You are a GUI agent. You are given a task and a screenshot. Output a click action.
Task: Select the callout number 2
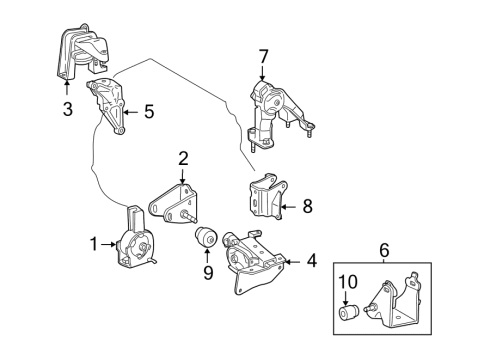click(x=183, y=157)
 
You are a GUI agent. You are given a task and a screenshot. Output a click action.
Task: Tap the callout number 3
click(x=67, y=107)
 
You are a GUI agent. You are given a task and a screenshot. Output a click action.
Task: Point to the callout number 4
click(x=311, y=262)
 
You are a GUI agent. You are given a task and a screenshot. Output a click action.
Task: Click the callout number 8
click(x=306, y=206)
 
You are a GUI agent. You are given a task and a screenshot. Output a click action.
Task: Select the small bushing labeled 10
click(x=346, y=316)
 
